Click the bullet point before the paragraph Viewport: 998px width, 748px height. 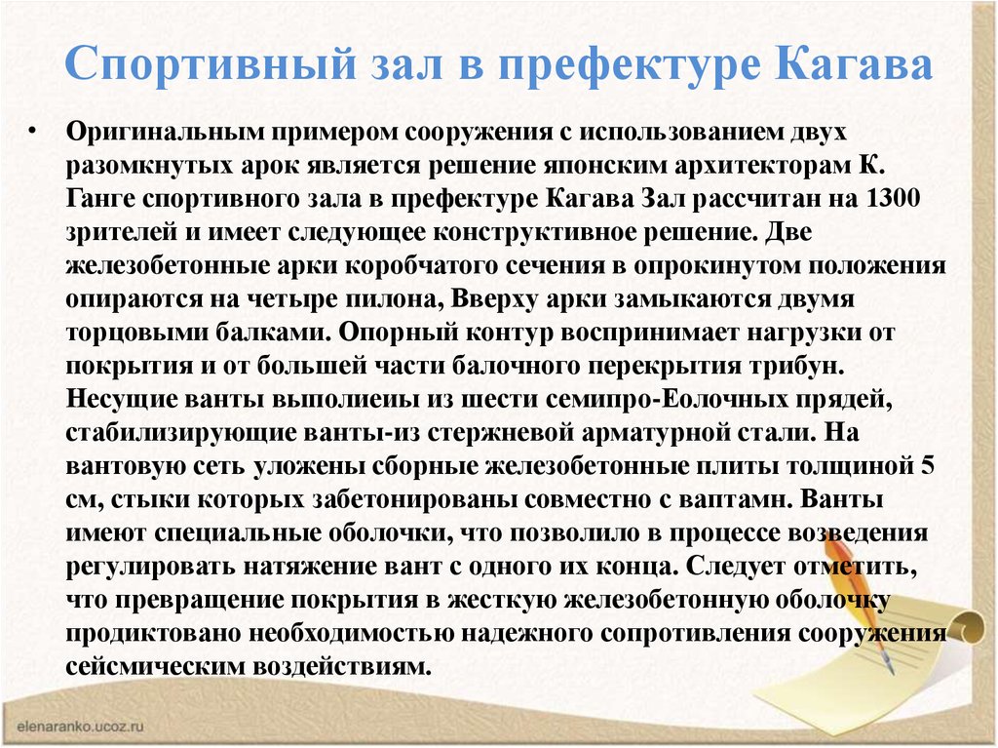click(32, 132)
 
